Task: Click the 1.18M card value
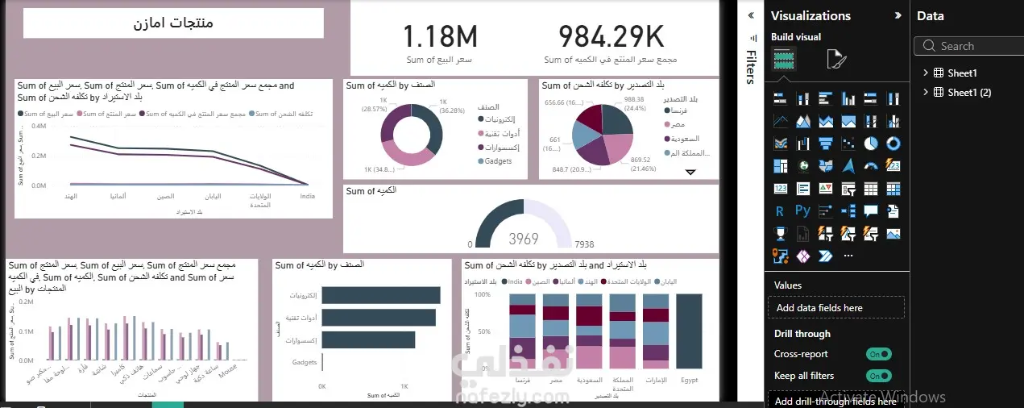click(440, 36)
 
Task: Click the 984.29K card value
click(610, 36)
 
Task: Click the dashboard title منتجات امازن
click(173, 23)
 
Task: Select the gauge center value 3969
click(524, 239)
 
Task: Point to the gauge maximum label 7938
click(584, 244)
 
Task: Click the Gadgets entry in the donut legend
click(499, 161)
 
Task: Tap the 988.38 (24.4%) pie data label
click(634, 103)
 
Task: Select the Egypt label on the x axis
click(688, 379)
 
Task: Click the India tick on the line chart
click(307, 195)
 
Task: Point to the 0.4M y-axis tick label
click(39, 126)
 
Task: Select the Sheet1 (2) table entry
click(969, 92)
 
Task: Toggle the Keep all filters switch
click(878, 376)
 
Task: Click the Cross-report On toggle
click(878, 354)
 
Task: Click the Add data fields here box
click(836, 307)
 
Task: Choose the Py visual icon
click(802, 211)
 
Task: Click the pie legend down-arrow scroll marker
click(690, 172)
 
